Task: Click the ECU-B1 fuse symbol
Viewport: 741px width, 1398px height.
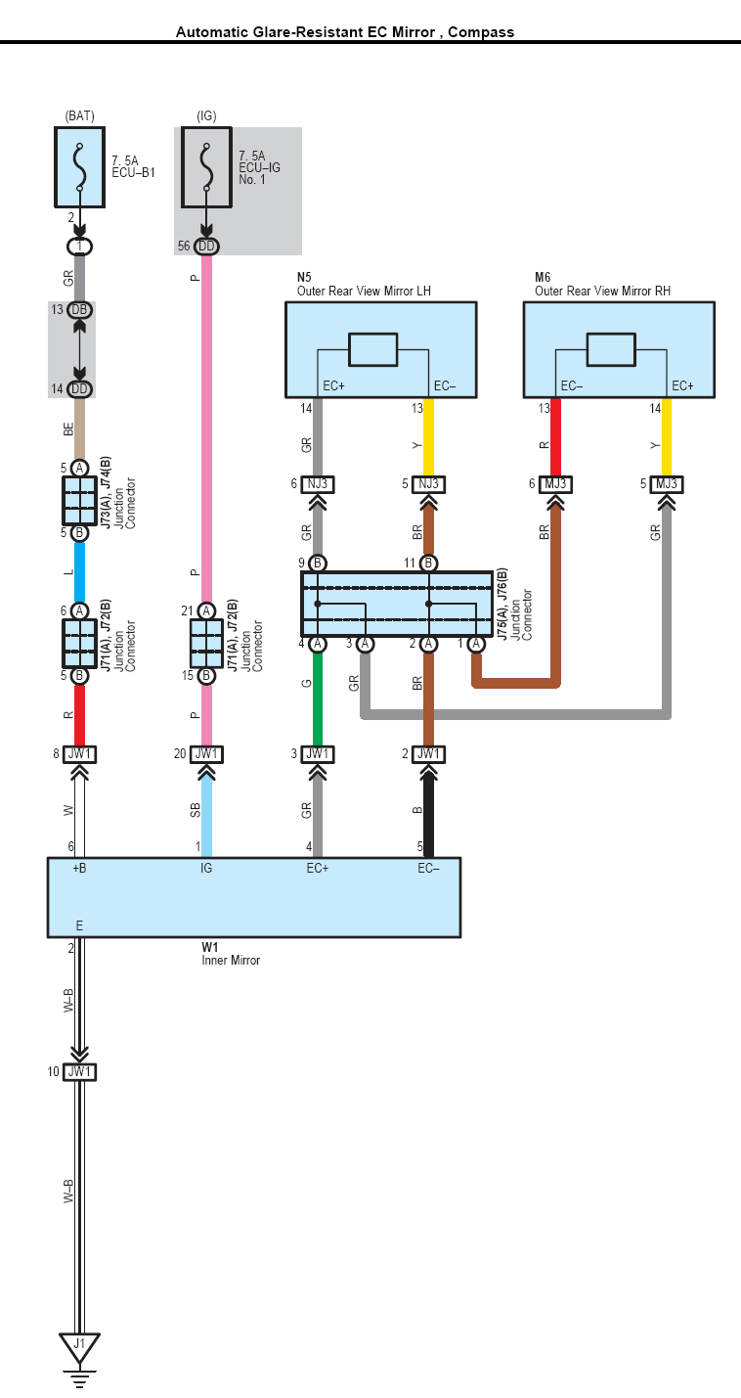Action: [x=79, y=166]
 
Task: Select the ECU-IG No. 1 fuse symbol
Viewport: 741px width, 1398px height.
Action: [x=206, y=166]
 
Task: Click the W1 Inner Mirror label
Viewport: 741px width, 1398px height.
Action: [x=230, y=954]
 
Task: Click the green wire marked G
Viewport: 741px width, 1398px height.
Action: [x=318, y=699]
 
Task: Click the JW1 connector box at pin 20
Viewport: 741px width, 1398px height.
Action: [x=206, y=754]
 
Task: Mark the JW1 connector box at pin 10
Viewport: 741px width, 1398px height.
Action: [x=79, y=1072]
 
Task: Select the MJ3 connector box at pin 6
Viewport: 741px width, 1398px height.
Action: [x=556, y=484]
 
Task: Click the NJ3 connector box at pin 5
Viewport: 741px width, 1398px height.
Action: [x=428, y=484]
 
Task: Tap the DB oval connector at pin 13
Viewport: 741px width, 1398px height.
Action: [x=79, y=310]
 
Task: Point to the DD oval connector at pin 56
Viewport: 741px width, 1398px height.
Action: [x=206, y=247]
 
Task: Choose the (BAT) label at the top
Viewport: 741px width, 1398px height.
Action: [x=79, y=115]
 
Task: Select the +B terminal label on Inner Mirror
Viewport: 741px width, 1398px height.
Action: [x=79, y=868]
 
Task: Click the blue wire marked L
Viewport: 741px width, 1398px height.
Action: [x=79, y=571]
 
